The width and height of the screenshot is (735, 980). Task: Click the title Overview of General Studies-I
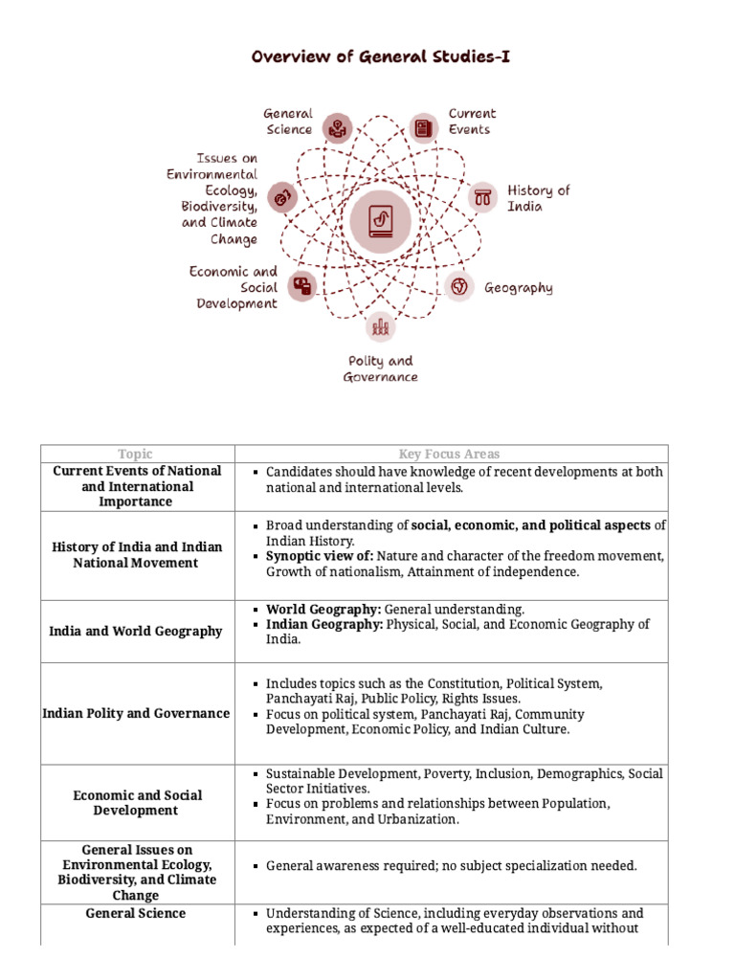tap(381, 56)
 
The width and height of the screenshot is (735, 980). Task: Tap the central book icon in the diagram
tap(380, 223)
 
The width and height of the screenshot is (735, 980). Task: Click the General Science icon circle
tap(337, 126)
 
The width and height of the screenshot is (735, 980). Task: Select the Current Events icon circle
tap(423, 126)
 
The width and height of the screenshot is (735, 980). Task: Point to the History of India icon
tap(482, 198)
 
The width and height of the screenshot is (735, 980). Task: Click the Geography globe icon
tap(459, 286)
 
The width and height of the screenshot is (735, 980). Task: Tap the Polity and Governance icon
tap(381, 327)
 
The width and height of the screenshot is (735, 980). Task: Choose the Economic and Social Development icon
tap(303, 285)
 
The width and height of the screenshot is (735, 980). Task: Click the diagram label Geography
tap(518, 287)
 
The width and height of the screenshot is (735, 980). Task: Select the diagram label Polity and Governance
tap(380, 368)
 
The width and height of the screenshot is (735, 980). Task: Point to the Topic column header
tap(135, 454)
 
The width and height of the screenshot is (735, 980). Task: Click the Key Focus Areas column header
tap(449, 454)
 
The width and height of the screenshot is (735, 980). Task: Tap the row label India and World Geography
tap(135, 632)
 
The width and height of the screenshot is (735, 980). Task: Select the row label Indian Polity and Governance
tap(136, 713)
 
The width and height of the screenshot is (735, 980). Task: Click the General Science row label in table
tap(135, 913)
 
